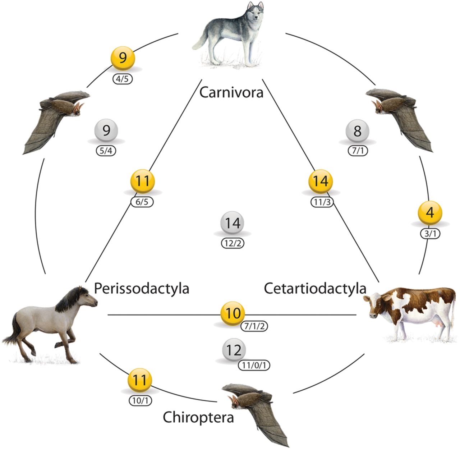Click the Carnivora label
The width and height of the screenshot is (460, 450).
point(231,92)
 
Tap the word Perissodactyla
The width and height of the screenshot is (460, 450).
point(141,288)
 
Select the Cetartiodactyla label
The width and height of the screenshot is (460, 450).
point(315,288)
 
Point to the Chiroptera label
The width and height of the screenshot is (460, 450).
point(198,417)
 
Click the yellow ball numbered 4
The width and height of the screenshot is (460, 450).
point(430,212)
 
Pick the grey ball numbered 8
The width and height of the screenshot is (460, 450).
point(357,131)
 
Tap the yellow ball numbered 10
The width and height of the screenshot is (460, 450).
point(233,313)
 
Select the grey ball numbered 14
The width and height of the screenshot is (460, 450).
point(233,223)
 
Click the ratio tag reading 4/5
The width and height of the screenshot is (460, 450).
point(122,79)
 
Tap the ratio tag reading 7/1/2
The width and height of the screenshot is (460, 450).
point(254,326)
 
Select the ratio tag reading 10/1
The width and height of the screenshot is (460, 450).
point(140,400)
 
